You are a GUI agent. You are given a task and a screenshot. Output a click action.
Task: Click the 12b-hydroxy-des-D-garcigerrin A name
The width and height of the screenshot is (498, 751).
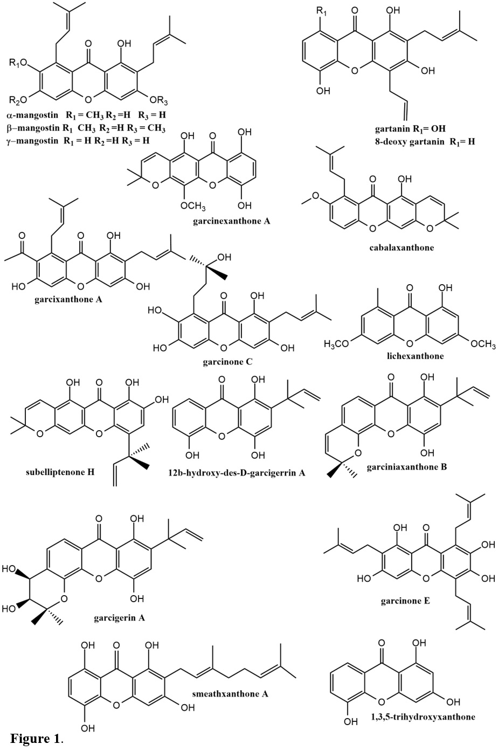237,473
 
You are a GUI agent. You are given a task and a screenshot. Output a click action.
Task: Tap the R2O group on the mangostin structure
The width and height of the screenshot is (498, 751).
19,99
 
